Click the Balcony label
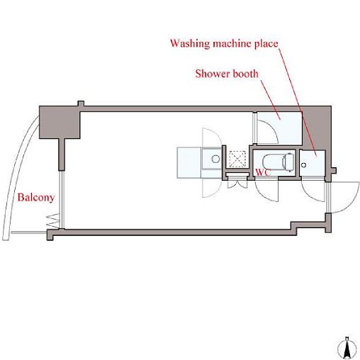pyautogui.click(x=36, y=198)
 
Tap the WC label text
pyautogui.click(x=263, y=173)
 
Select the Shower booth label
pyautogui.click(x=227, y=74)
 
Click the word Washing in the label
pyautogui.click(x=190, y=44)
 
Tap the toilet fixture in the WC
pyautogui.click(x=279, y=162)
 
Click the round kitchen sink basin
pyautogui.click(x=215, y=159)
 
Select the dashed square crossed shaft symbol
pyautogui.click(x=237, y=159)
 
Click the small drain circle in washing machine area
pyautogui.click(x=304, y=165)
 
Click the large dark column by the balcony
pyautogui.click(x=60, y=122)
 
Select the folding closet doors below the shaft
pyautogui.click(x=237, y=184)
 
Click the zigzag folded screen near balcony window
pyautogui.click(x=53, y=221)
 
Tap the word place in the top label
pyautogui.click(x=266, y=44)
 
